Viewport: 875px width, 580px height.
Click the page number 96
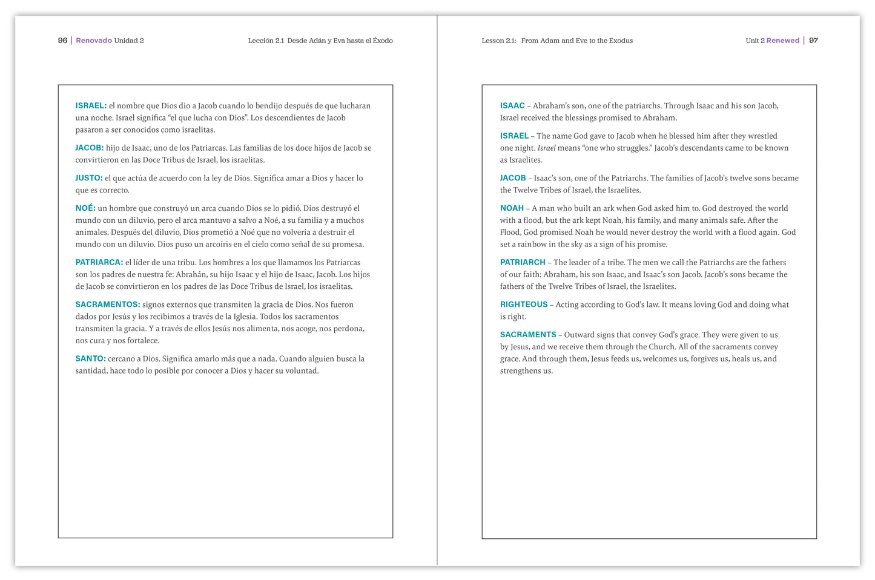click(x=62, y=41)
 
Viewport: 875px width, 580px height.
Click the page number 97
click(x=813, y=41)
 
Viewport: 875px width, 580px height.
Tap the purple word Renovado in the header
click(x=94, y=41)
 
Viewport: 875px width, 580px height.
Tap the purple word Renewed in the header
click(x=782, y=41)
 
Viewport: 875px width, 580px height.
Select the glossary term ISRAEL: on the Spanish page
click(x=91, y=106)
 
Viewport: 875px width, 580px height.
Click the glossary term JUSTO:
click(x=89, y=178)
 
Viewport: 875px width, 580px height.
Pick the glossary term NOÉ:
click(x=85, y=208)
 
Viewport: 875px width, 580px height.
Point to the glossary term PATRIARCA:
click(x=99, y=263)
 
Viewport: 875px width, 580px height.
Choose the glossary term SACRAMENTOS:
click(x=108, y=305)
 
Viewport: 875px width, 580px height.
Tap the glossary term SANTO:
click(x=91, y=359)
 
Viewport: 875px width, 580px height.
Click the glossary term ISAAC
click(x=512, y=106)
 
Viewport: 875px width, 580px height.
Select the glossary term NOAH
click(x=512, y=208)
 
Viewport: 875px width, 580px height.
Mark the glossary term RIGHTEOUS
click(x=524, y=305)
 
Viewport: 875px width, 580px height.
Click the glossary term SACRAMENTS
click(x=528, y=335)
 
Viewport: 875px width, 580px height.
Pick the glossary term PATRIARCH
click(x=523, y=263)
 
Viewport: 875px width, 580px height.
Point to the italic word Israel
click(x=546, y=148)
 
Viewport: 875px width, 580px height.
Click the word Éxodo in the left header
click(x=383, y=41)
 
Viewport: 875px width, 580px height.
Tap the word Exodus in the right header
click(x=621, y=41)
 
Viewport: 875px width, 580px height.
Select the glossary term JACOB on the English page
click(x=513, y=178)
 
